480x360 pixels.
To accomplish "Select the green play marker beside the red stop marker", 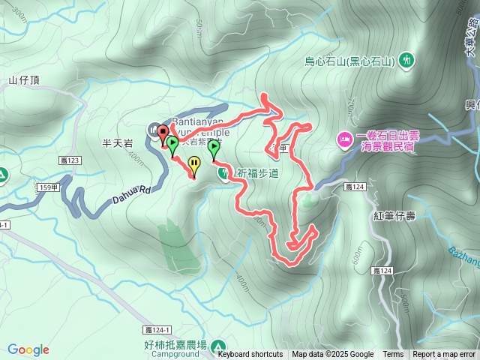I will [173, 143].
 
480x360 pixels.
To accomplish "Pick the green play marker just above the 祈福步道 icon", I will [214, 148].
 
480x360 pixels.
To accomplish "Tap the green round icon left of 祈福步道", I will [224, 173].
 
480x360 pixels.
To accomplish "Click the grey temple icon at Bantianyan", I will [154, 128].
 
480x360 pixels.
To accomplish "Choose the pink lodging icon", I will [344, 138].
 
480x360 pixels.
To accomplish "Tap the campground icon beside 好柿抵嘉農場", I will [218, 347].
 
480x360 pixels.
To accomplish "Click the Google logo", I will [28, 349].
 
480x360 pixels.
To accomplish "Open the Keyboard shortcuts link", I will [250, 355].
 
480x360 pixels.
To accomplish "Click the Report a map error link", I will [444, 355].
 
